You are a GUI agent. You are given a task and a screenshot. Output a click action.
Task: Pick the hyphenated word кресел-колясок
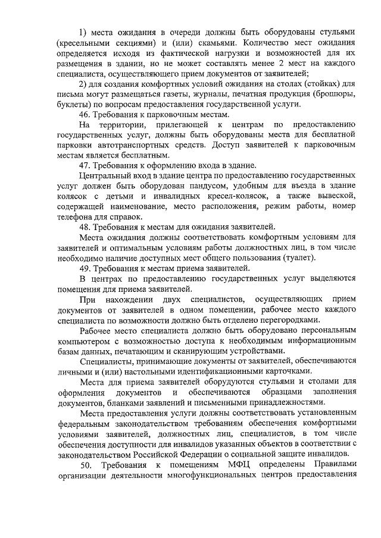coord(220,196)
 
